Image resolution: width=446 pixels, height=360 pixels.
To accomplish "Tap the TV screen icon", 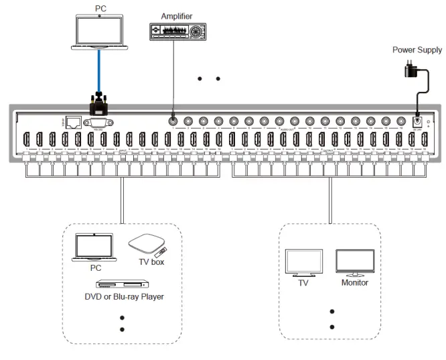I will click(x=303, y=262).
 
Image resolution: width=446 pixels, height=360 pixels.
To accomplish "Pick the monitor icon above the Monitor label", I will click(x=355, y=263).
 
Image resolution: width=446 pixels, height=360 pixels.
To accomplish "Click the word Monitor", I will click(x=356, y=283).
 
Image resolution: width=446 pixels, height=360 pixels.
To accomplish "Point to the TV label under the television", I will click(x=303, y=283).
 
